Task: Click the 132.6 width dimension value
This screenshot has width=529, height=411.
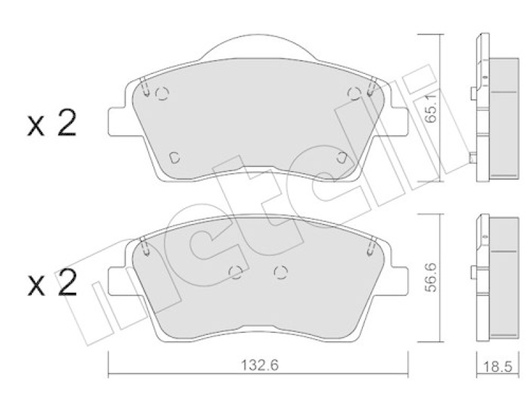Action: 260,365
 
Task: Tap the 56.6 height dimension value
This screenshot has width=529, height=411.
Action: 431,278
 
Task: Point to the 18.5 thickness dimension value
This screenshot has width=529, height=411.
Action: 498,367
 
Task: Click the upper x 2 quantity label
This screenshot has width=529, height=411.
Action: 52,124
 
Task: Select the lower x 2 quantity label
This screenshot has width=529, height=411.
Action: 52,283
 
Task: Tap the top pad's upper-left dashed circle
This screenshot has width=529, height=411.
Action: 162,93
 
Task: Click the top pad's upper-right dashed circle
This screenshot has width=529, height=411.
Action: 354,93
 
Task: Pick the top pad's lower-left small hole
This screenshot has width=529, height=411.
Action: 175,157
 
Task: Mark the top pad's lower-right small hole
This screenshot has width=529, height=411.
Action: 342,157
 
